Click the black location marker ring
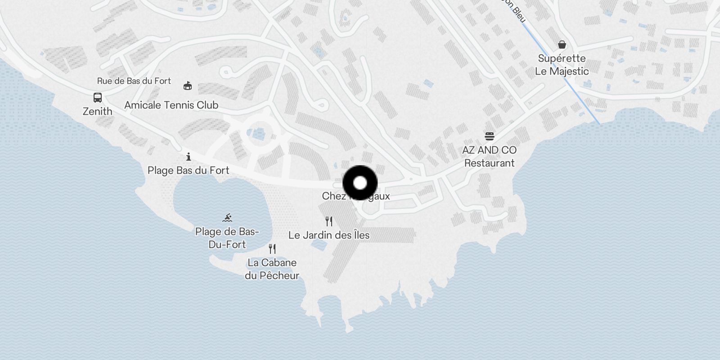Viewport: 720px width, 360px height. pos(360,183)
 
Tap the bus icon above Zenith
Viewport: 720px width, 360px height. pos(97,97)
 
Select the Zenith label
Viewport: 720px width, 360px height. pos(98,111)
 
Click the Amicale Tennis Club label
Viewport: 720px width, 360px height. pos(171,105)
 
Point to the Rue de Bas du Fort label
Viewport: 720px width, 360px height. pos(134,81)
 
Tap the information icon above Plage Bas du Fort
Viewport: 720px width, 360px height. pos(189,157)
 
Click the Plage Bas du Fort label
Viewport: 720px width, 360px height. pos(189,171)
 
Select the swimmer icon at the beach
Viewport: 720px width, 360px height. pos(227,218)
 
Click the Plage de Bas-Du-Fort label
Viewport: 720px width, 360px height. pos(227,238)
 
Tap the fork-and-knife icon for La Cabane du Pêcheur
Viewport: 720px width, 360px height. pos(272,249)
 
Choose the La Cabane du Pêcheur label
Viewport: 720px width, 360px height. pos(272,269)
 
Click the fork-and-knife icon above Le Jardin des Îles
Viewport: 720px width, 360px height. pos(329,221)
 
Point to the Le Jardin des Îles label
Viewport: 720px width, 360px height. pos(329,235)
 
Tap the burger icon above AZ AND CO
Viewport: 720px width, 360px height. pos(490,136)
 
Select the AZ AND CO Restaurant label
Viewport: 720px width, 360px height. pos(490,157)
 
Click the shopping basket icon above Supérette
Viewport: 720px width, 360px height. pos(562,45)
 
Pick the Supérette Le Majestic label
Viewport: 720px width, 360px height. pos(562,65)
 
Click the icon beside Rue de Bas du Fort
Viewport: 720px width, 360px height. pos(188,85)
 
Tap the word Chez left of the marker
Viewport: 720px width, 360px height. pos(333,196)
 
